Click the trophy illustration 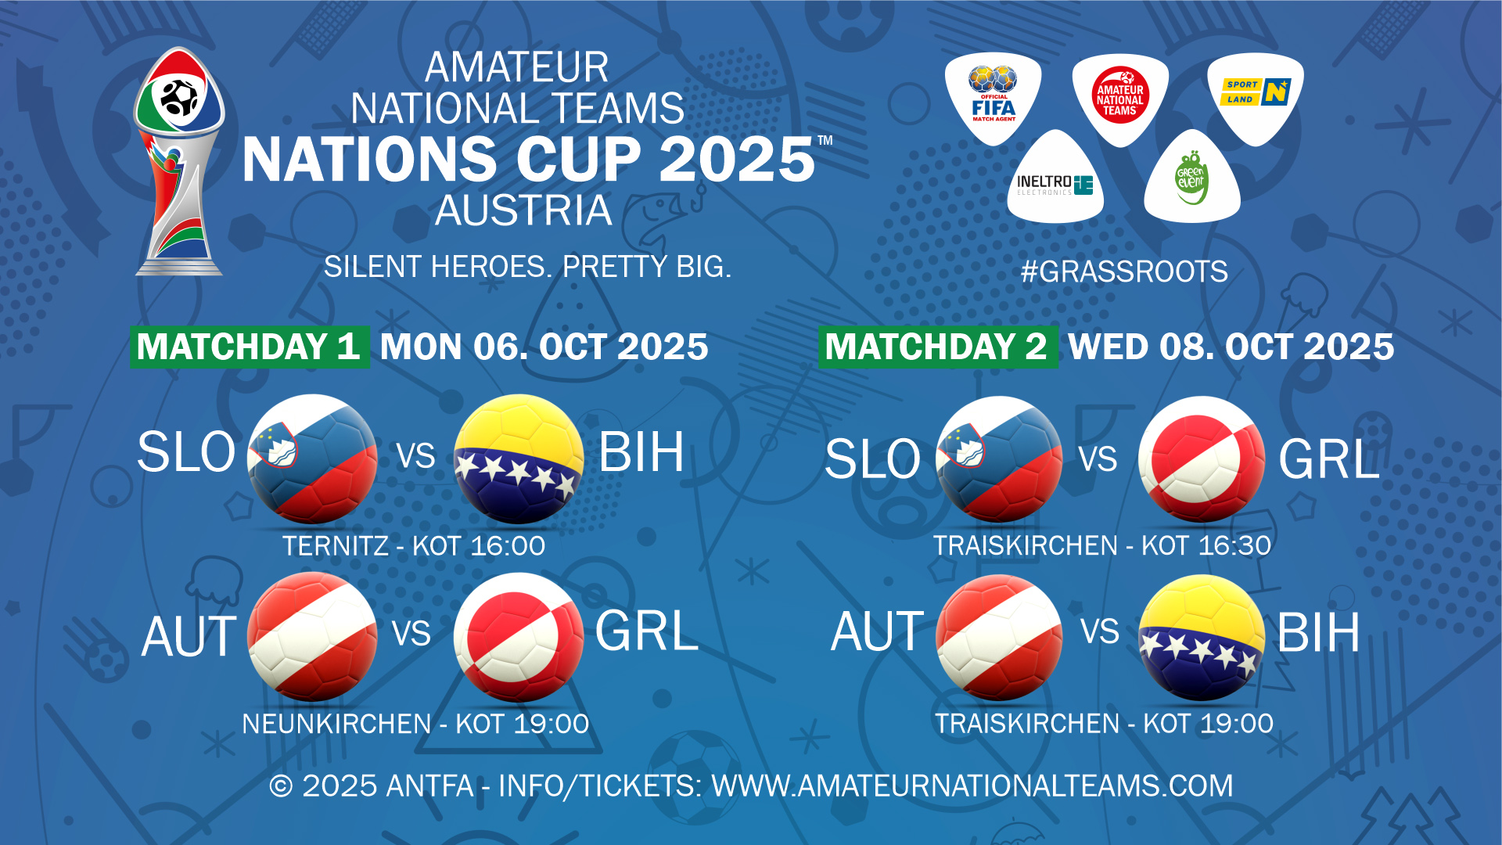point(180,161)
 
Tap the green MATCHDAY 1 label point(249,347)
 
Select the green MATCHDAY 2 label point(937,347)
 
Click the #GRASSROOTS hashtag point(1124,271)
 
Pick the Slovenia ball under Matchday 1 point(312,458)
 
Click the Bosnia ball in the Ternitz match point(519,458)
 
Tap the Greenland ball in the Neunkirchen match point(519,636)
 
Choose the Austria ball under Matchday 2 point(999,637)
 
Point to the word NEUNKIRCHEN point(336,724)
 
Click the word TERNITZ point(336,545)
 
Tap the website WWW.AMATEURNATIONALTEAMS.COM point(972,786)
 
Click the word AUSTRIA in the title point(523,210)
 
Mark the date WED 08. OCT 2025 point(1231,347)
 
